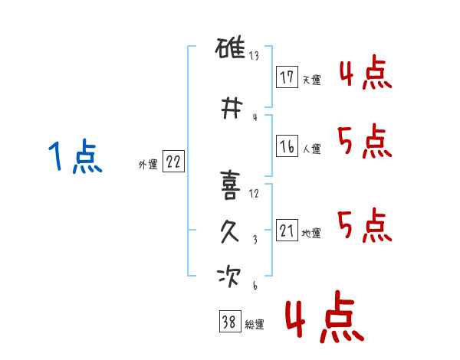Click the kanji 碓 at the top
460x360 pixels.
point(230,47)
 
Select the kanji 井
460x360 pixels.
point(232,108)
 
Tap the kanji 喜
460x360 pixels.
point(230,185)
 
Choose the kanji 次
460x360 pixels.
point(228,277)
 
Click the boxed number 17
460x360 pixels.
point(287,77)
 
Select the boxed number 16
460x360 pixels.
point(287,146)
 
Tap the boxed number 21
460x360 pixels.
point(287,230)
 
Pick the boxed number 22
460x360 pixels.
point(173,162)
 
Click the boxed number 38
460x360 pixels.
point(230,321)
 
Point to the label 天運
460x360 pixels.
point(312,80)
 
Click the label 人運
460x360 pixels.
point(312,149)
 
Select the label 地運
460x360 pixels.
point(311,234)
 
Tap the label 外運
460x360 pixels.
point(148,165)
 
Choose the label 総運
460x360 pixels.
point(255,324)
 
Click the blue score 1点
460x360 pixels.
point(75,155)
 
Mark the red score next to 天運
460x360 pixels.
point(366,73)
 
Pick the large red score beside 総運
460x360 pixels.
point(325,316)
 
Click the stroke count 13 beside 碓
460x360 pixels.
point(254,55)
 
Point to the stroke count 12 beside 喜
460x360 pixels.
point(254,194)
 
